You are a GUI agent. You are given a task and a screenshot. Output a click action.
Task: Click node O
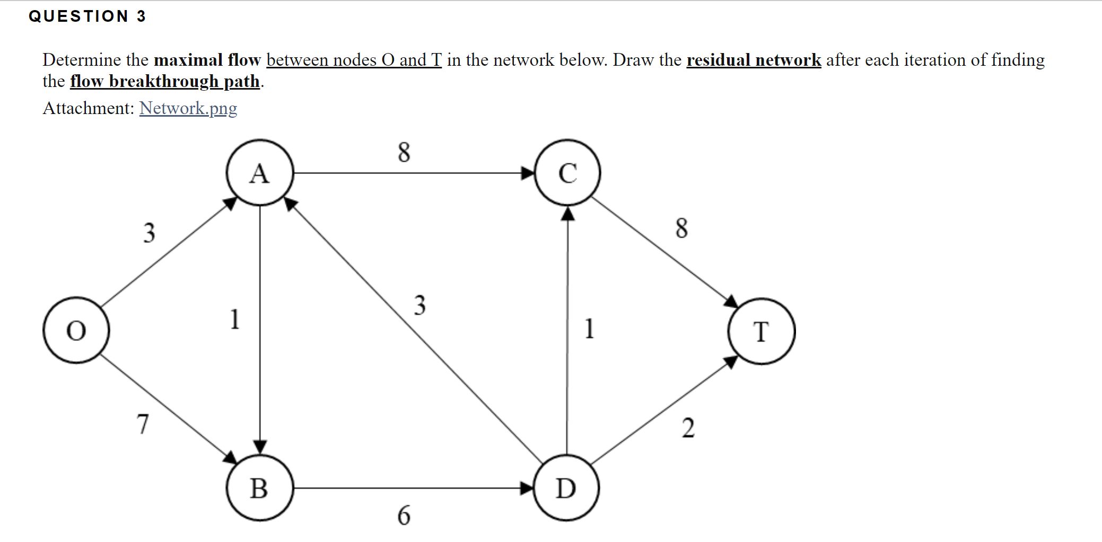click(76, 330)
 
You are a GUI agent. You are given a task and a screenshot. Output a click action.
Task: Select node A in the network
click(260, 173)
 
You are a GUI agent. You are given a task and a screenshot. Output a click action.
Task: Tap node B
click(260, 488)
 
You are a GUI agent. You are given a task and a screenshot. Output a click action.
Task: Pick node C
click(567, 173)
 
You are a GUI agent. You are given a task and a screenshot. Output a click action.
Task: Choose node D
click(566, 488)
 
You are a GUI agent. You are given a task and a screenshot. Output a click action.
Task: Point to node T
click(762, 331)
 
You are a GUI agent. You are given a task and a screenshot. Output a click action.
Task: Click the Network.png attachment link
click(188, 108)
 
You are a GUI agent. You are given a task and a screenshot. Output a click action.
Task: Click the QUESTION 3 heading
click(88, 16)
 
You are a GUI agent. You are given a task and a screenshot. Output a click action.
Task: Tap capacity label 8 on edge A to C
click(404, 152)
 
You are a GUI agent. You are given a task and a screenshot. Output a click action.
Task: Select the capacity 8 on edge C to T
click(682, 228)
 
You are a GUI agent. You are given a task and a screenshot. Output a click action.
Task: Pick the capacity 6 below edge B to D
click(404, 515)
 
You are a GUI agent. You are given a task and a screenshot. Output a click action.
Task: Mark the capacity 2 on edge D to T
click(688, 427)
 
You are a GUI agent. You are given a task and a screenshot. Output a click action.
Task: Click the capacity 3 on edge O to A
click(150, 233)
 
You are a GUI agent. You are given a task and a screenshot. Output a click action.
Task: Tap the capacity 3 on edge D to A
click(420, 305)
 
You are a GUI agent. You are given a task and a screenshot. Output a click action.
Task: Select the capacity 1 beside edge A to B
click(235, 319)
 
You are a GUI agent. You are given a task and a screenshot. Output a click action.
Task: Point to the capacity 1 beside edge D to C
click(589, 328)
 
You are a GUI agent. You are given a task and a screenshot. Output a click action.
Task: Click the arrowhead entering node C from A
click(528, 173)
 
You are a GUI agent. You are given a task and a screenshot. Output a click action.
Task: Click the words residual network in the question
click(754, 60)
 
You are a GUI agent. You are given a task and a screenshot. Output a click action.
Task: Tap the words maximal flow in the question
click(207, 60)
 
